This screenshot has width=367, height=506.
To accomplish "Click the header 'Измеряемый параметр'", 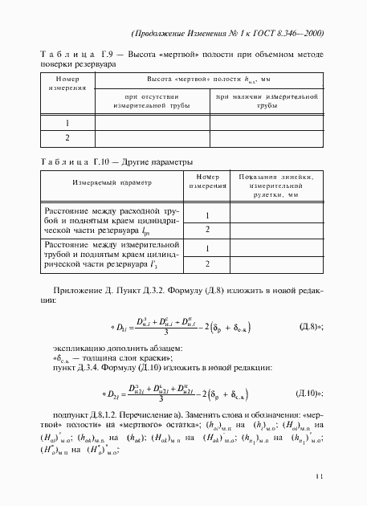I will click(x=105, y=182).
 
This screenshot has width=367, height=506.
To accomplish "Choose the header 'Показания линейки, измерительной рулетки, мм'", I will click(x=275, y=185).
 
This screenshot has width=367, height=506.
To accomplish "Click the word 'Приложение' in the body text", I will click(x=78, y=289).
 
